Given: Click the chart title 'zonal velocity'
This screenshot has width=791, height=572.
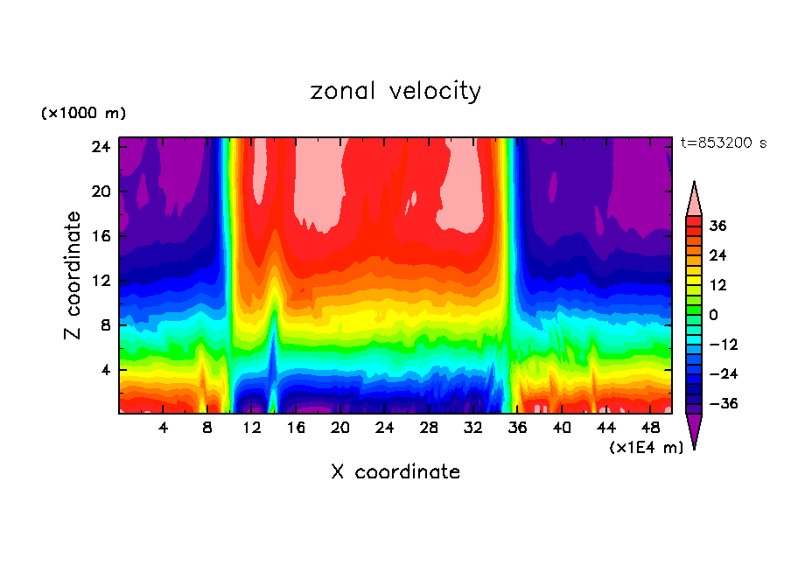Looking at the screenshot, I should [x=395, y=91].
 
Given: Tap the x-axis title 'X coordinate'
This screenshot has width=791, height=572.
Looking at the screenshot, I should [x=395, y=472].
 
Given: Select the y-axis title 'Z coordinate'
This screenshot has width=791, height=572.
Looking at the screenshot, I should [x=73, y=276].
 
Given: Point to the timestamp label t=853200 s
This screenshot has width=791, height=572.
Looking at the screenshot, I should [x=723, y=143].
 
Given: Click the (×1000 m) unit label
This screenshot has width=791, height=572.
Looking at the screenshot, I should [x=83, y=114].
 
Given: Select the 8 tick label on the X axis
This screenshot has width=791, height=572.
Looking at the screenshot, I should [x=207, y=428].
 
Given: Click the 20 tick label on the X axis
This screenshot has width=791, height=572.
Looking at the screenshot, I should [x=340, y=428].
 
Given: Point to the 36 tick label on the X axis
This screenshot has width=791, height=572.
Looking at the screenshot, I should [x=518, y=428].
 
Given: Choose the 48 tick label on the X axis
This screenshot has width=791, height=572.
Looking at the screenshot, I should [x=651, y=428].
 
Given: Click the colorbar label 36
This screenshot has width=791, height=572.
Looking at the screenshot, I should [x=717, y=226].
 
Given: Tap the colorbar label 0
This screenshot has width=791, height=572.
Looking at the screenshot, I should [x=712, y=315].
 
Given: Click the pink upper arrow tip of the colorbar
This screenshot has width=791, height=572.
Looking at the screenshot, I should [x=694, y=198].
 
